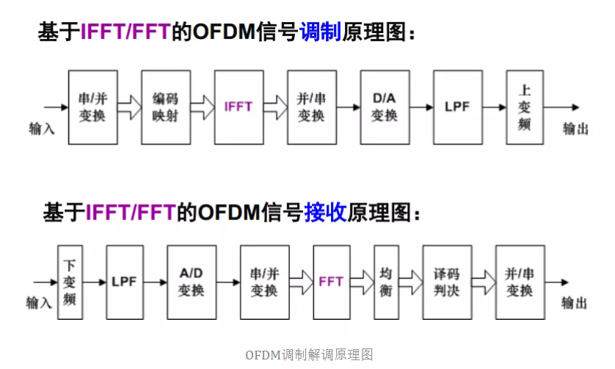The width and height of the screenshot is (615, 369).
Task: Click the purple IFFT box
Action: (x=239, y=107)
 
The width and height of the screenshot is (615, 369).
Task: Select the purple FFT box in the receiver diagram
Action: (x=331, y=282)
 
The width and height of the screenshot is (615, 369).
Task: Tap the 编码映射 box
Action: (x=165, y=107)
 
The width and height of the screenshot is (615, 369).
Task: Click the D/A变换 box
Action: (x=384, y=107)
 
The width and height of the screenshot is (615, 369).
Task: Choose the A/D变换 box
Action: (x=191, y=282)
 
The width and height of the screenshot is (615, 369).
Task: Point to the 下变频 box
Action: (x=70, y=282)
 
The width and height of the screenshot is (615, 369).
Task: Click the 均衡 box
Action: (x=386, y=282)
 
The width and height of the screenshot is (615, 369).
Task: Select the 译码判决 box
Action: (x=446, y=282)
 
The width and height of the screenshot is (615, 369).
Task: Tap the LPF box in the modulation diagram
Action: (x=457, y=107)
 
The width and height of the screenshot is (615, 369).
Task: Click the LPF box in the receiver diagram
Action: (x=125, y=282)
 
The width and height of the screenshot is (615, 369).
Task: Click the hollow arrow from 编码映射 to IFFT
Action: (x=202, y=107)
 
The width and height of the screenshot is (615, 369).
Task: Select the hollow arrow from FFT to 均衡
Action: (x=361, y=282)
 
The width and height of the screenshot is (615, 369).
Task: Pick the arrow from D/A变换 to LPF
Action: (x=421, y=107)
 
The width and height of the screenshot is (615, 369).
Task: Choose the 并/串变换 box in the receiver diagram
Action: (x=520, y=282)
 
